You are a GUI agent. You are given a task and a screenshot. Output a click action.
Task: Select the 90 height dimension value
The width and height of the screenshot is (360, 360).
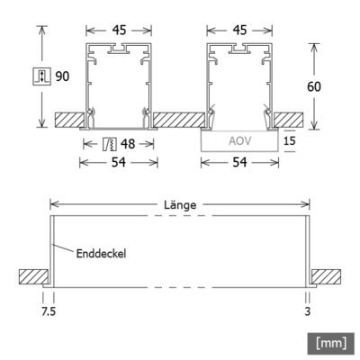coord(62,76)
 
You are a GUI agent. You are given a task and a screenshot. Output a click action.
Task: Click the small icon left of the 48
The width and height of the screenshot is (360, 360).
coord(108,144)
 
